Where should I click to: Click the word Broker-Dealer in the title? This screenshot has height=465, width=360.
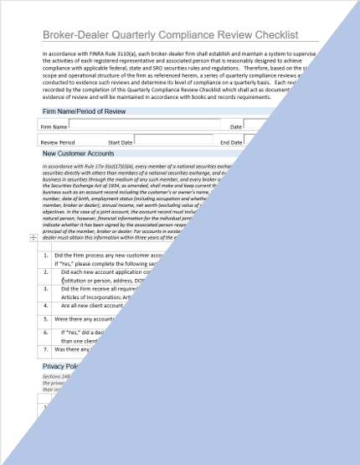78,35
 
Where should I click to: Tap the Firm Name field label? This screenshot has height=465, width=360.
54,127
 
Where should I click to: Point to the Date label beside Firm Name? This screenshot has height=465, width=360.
235,127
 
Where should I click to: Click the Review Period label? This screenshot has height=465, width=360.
58,142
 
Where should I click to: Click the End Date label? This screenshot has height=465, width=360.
230,142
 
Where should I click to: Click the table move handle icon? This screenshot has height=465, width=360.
32,239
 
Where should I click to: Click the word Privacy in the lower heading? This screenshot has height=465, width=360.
56,366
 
